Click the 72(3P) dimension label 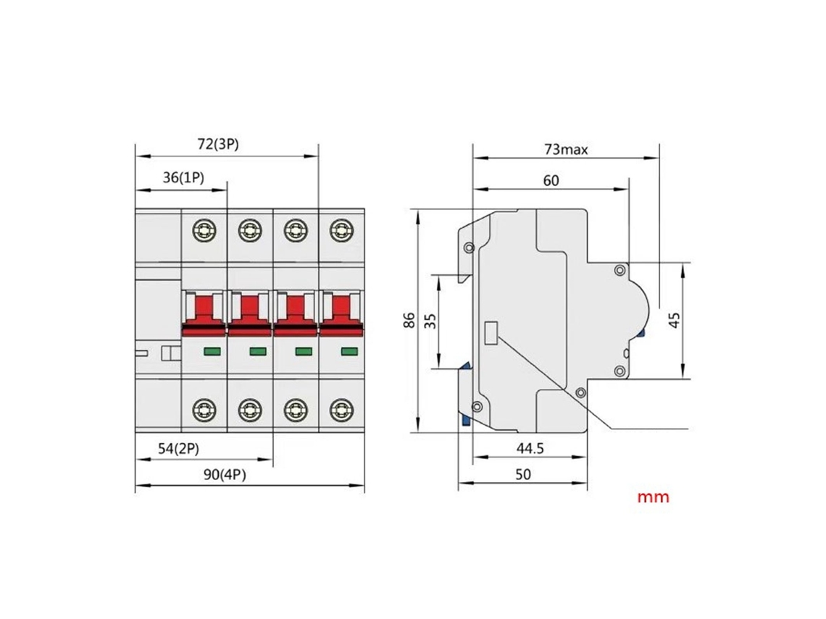(218, 143)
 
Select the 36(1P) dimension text (183, 177)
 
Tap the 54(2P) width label (178, 449)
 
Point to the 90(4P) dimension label (225, 475)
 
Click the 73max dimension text (567, 149)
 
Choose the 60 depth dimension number (551, 180)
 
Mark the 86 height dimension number (409, 321)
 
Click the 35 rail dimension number (430, 321)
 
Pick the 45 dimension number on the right (675, 320)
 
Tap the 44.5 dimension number (530, 448)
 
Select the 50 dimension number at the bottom (523, 474)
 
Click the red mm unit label (654, 497)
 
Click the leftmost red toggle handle (204, 314)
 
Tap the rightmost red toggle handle (341, 314)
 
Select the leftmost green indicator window (212, 352)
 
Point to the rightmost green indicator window (349, 352)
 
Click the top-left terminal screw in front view (204, 230)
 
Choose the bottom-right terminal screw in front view (341, 410)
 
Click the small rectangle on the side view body (491, 332)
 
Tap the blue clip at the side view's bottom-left (466, 418)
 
